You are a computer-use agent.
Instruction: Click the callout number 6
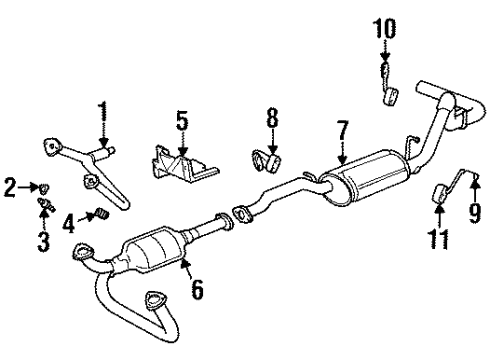pyautogui.click(x=196, y=290)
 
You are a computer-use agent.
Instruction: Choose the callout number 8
pyautogui.click(x=270, y=126)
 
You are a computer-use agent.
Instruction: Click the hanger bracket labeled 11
pyautogui.click(x=439, y=194)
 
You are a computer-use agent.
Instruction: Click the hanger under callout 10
pyautogui.click(x=390, y=95)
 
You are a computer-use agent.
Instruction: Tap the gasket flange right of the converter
pyautogui.click(x=242, y=212)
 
